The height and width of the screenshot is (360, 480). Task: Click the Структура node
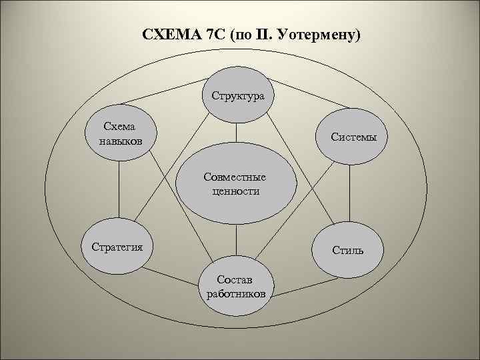(x=238, y=95)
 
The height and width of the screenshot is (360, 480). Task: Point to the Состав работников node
(x=235, y=285)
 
